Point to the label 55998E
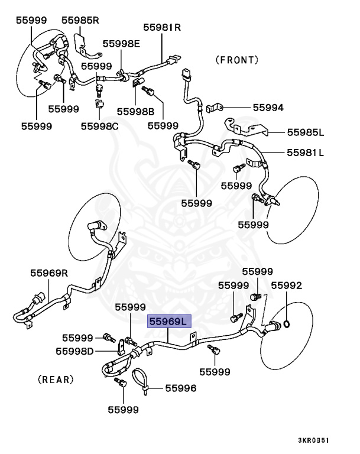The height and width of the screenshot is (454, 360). (121, 43)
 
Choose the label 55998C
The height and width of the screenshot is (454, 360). (99, 125)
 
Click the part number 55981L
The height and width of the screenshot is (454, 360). (306, 153)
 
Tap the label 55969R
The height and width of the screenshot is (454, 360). (50, 273)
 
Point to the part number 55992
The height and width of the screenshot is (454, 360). (286, 286)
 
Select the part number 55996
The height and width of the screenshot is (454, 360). (180, 388)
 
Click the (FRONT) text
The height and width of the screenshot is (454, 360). (236, 60)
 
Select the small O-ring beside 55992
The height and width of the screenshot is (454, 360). (286, 323)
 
